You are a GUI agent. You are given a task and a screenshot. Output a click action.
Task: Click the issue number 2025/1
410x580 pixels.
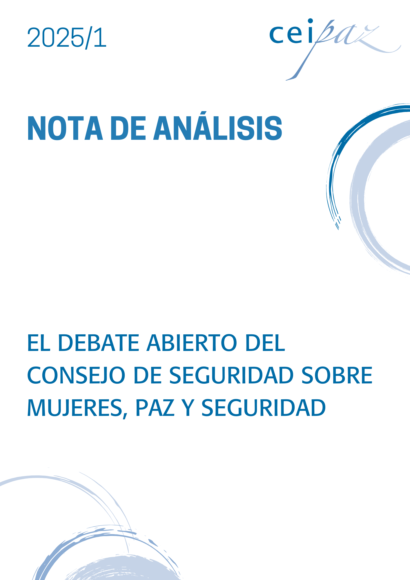[x=67, y=38]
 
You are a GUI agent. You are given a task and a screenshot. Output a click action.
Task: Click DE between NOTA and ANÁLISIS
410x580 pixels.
[x=128, y=128]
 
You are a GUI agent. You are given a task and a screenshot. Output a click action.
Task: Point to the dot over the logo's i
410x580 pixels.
[x=310, y=21]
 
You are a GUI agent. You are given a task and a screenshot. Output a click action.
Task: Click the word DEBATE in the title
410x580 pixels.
[x=99, y=343]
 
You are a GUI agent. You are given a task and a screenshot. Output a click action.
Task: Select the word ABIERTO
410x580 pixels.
[x=192, y=343]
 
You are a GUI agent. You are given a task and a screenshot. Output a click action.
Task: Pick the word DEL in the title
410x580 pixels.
[x=265, y=343]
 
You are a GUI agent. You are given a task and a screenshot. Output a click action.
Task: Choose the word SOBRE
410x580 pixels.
[x=337, y=375]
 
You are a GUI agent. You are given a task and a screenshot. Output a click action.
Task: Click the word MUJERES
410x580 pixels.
[x=75, y=408]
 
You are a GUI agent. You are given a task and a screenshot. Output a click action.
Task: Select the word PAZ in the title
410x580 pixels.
[x=155, y=408]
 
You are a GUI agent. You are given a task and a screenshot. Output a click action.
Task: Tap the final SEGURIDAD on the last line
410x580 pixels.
[x=264, y=408]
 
